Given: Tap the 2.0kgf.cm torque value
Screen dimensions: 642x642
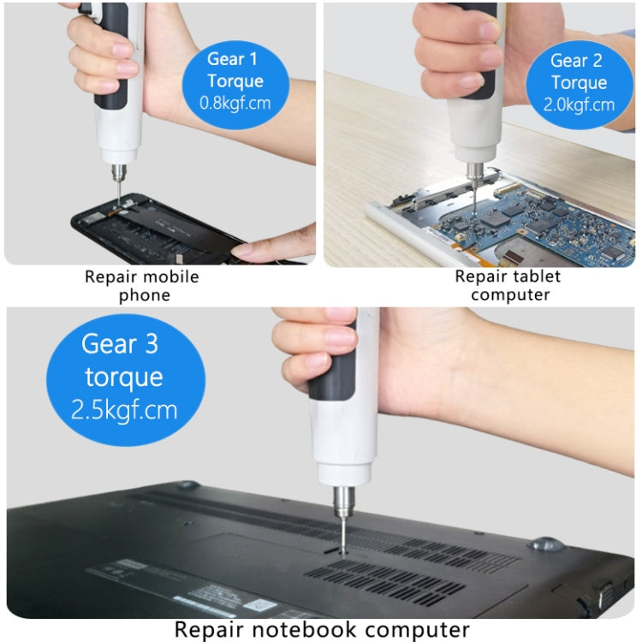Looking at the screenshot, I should (579, 105).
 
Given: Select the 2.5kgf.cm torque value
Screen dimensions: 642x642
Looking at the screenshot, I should (125, 408).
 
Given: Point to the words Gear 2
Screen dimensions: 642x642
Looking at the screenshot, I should (579, 60).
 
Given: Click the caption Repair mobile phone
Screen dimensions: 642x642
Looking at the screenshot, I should (141, 286).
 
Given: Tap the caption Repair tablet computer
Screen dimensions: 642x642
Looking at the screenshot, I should (508, 286).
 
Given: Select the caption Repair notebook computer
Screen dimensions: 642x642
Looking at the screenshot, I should (322, 629).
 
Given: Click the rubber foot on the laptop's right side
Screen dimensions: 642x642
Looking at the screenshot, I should (544, 544).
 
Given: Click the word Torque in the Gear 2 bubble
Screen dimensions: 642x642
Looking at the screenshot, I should (579, 83).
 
